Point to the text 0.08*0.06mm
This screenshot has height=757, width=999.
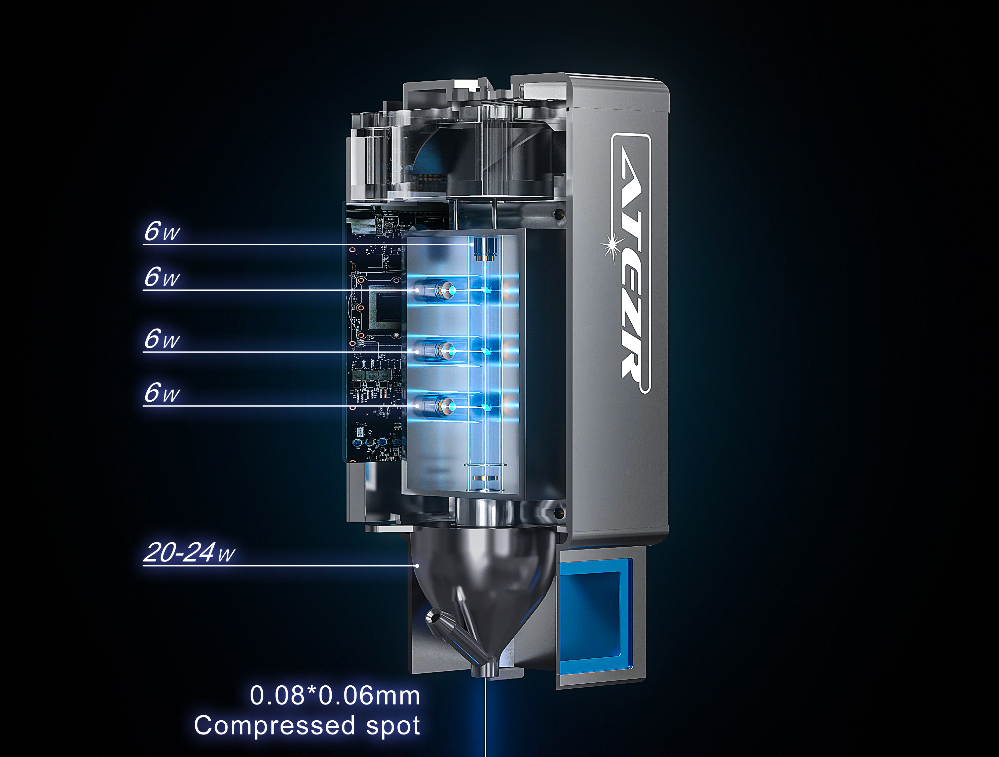pyautogui.click(x=335, y=695)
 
